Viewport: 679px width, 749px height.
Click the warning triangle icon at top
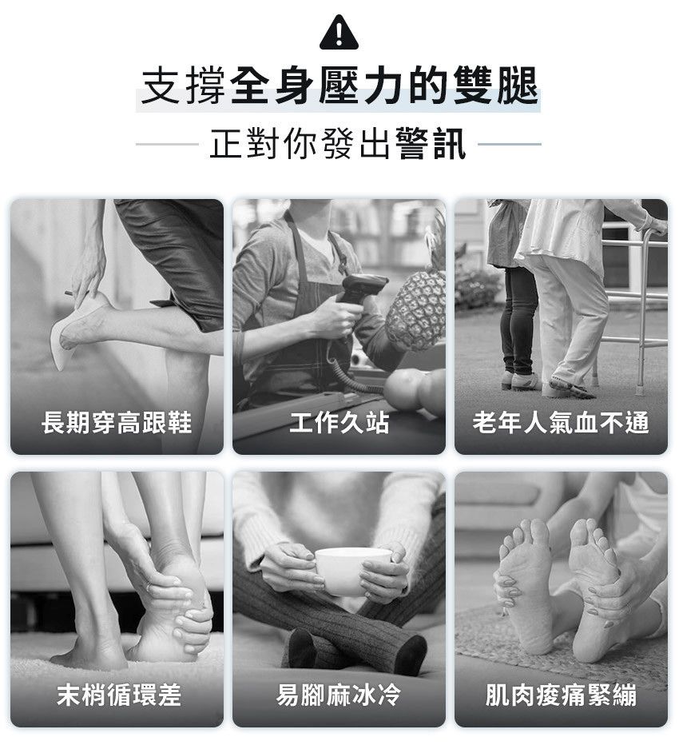[x=339, y=33]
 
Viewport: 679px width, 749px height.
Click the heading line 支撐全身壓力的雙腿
[x=339, y=86]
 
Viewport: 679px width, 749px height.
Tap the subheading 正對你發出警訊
[x=338, y=143]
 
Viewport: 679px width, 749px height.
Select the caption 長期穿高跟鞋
[x=117, y=423]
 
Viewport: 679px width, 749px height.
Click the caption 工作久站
[x=339, y=423]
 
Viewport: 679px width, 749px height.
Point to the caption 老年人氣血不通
[x=561, y=423]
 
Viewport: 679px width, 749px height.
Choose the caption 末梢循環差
[x=119, y=695]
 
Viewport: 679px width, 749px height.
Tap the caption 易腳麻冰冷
[x=339, y=695]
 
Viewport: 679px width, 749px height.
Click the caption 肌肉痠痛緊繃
[x=561, y=695]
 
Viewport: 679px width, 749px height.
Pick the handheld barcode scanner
[x=357, y=292]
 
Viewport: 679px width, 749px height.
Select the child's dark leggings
[x=518, y=320]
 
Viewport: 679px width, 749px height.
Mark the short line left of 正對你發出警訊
[x=167, y=144]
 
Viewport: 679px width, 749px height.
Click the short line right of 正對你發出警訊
[x=510, y=144]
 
